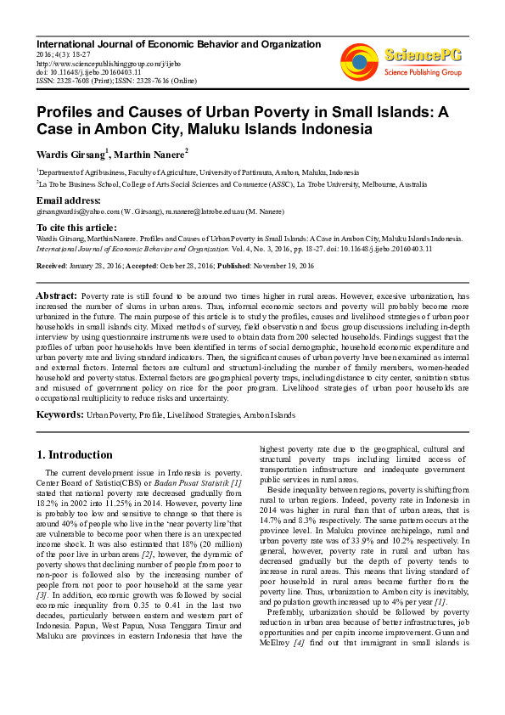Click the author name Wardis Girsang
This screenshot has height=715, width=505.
coord(70,155)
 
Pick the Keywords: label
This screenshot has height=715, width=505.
coord(59,414)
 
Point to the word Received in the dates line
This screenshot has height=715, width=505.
coord(53,266)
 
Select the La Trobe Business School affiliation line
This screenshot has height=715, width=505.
coord(232,183)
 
